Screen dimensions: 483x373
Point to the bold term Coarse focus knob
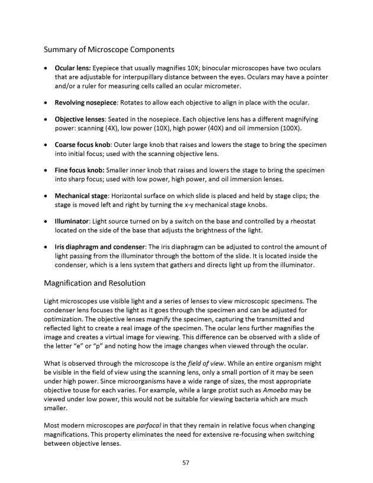pyautogui.click(x=83, y=145)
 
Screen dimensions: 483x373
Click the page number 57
pyautogui.click(x=186, y=462)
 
